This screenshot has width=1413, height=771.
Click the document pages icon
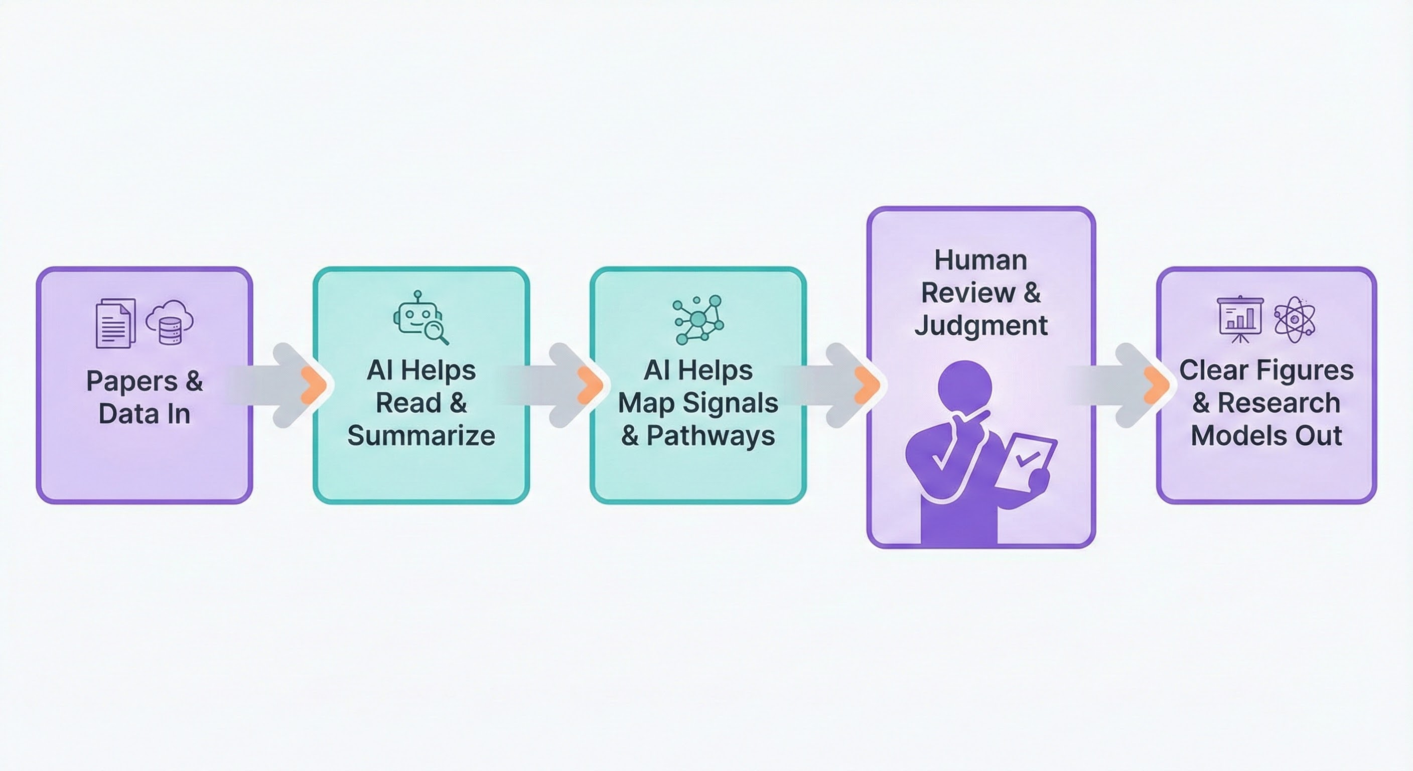point(116,323)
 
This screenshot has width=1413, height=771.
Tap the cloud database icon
point(170,322)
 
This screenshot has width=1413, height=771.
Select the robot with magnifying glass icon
point(420,318)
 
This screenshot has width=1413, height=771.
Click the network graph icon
point(698,319)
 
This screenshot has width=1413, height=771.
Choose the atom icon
point(1295,319)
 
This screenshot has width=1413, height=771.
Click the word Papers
point(131,381)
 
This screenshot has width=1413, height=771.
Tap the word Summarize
point(421,436)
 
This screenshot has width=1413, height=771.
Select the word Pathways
point(711,436)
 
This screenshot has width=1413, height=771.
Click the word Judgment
point(981,325)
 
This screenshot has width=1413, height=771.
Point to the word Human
point(981,260)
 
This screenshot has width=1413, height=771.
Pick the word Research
point(1279,403)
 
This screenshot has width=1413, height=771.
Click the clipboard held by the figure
point(1026,461)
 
